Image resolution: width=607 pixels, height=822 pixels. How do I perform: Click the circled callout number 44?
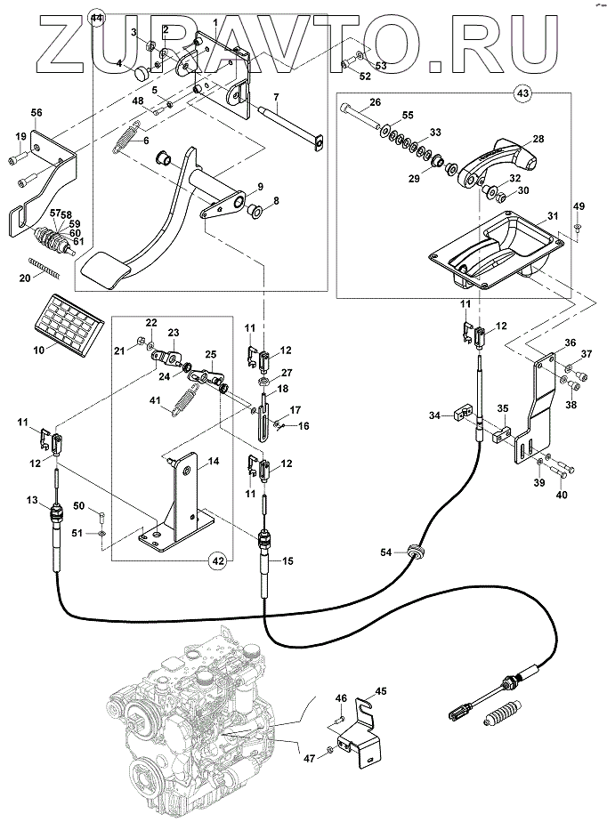tap(97, 19)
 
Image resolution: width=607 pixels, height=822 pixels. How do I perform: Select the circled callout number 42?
tap(215, 560)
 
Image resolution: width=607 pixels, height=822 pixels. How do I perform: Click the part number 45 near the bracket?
tap(381, 690)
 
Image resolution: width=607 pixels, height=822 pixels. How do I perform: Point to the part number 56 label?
tap(36, 113)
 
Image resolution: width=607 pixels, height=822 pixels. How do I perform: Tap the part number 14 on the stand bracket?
tap(213, 461)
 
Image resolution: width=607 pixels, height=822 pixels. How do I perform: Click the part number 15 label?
tap(287, 560)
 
